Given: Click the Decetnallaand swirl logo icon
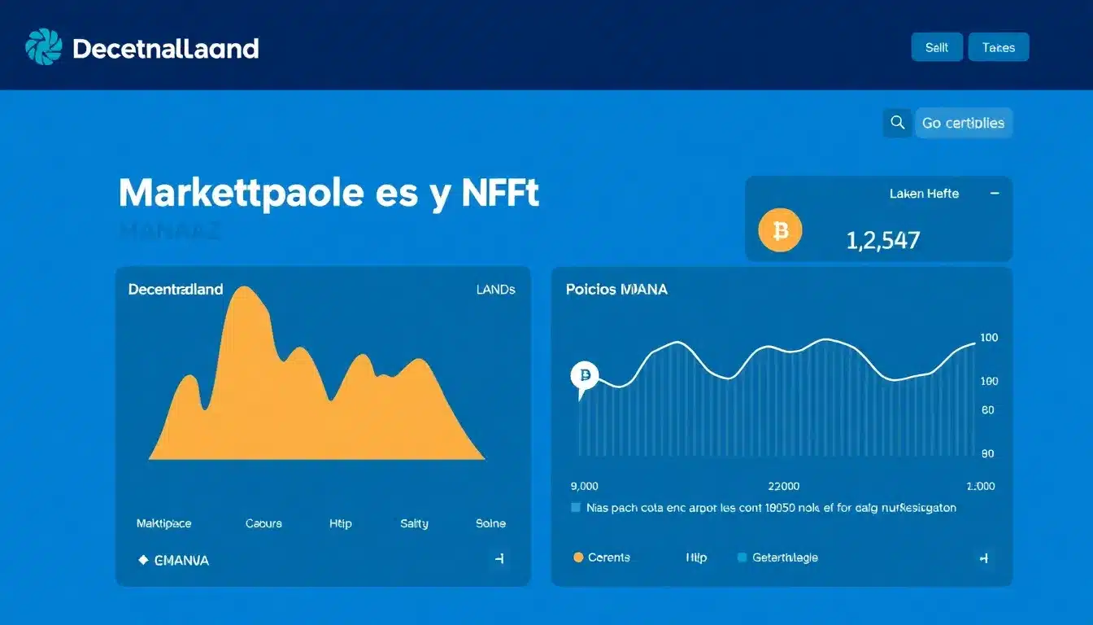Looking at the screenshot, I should (x=44, y=46).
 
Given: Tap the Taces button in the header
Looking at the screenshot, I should (x=998, y=47).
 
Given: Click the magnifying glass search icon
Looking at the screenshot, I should (x=897, y=123).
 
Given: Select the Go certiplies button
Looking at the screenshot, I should (x=963, y=123).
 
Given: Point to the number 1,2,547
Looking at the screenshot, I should (x=882, y=240).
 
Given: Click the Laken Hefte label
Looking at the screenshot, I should (x=924, y=194).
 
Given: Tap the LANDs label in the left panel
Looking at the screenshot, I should (x=495, y=289).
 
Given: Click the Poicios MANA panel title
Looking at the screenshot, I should (x=616, y=289).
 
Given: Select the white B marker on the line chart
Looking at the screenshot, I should (x=584, y=375).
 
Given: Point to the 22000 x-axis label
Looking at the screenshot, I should (x=783, y=486).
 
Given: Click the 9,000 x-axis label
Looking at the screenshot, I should (x=584, y=486).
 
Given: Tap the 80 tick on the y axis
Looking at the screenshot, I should (x=987, y=410).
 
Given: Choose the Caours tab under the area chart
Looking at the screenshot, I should (x=263, y=523).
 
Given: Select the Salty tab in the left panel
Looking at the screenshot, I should (x=414, y=523).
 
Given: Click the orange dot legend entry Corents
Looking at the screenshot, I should (x=602, y=557).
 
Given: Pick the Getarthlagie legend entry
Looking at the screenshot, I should (x=777, y=557).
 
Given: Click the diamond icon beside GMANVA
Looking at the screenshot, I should (x=143, y=560).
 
